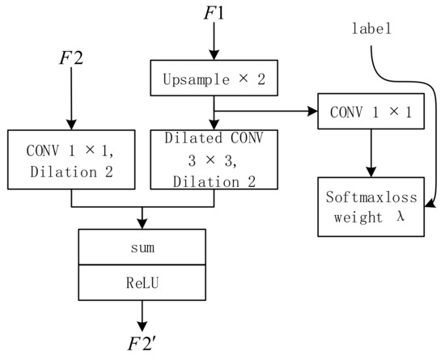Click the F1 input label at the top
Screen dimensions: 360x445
[213, 15]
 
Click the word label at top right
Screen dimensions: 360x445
[373, 29]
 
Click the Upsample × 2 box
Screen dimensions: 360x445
[213, 79]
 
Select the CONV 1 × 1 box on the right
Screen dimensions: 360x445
[370, 113]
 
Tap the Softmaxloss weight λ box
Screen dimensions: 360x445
[370, 208]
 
